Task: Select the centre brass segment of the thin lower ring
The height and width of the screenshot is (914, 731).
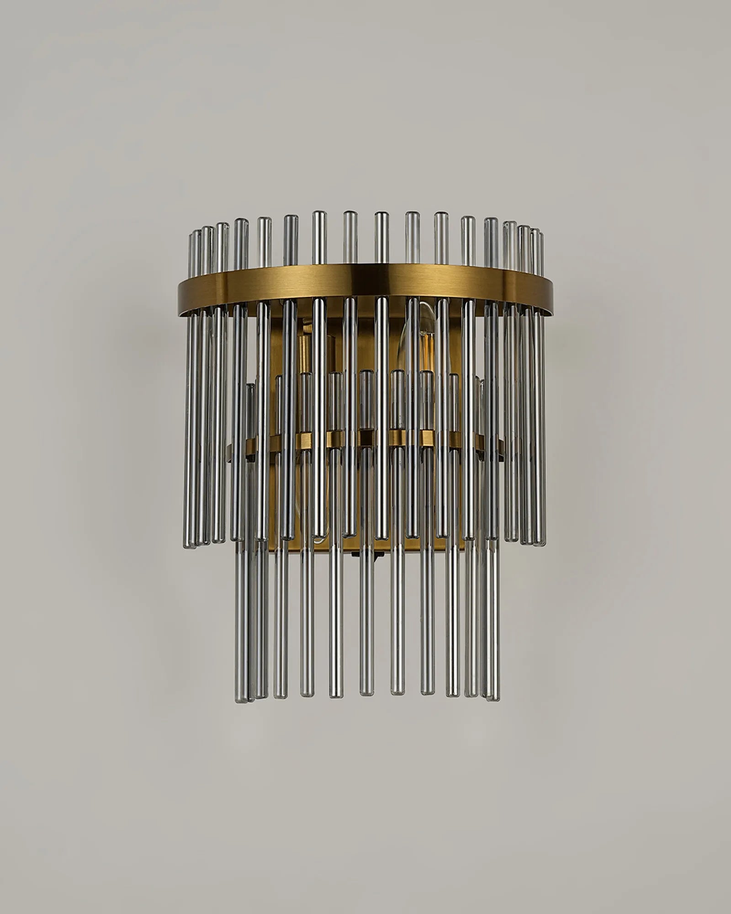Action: coord(365,438)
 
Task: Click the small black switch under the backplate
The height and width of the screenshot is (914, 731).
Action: coord(377,554)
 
